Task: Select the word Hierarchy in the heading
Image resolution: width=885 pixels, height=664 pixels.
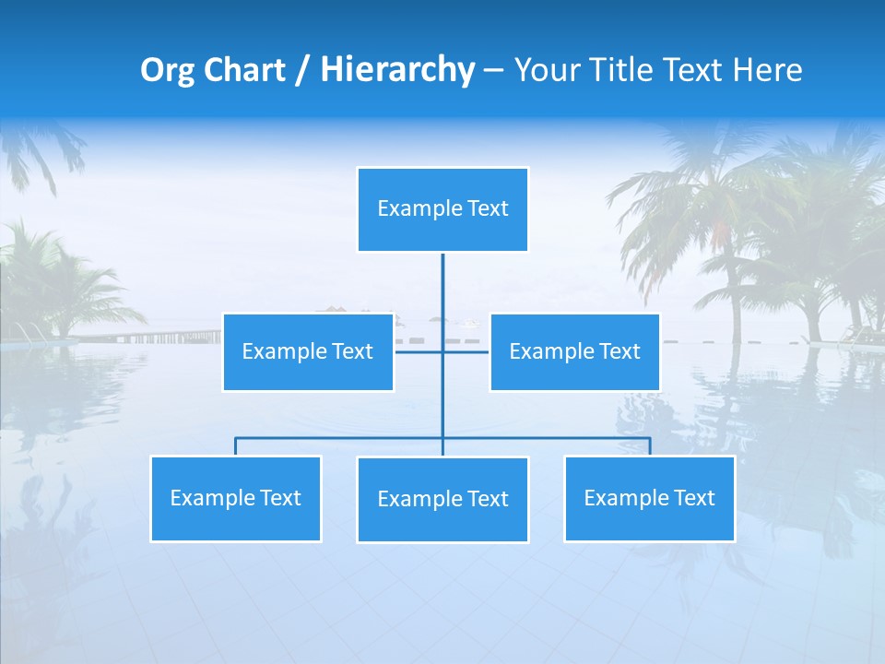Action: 397,70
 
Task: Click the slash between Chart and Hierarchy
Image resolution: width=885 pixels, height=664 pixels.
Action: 302,71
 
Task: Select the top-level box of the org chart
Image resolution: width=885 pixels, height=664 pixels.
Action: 442,209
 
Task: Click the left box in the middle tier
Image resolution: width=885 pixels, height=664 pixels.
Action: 308,351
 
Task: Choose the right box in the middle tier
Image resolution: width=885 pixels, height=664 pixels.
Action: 574,351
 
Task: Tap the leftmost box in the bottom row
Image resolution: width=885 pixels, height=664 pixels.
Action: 235,498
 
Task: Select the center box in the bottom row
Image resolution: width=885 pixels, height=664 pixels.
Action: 442,499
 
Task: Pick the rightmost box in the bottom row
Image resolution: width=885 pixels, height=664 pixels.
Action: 649,498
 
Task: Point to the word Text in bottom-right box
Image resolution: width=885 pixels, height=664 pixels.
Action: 693,498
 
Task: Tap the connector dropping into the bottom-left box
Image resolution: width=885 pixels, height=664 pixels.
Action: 235,446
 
